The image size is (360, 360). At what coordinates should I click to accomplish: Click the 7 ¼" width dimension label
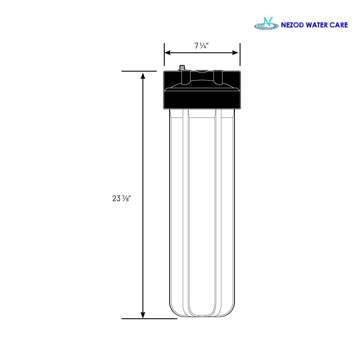(202, 46)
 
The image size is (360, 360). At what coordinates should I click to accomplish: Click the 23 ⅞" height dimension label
(121, 198)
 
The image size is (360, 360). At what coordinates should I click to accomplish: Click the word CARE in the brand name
(339, 25)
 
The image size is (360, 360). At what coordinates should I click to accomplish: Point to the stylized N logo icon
(266, 23)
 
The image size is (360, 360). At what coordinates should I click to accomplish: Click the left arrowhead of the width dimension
(167, 53)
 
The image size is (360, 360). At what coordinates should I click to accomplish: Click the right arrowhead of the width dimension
(235, 53)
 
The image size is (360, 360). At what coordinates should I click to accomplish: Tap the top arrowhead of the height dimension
(143, 76)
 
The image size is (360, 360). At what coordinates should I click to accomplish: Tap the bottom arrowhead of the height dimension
(143, 315)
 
